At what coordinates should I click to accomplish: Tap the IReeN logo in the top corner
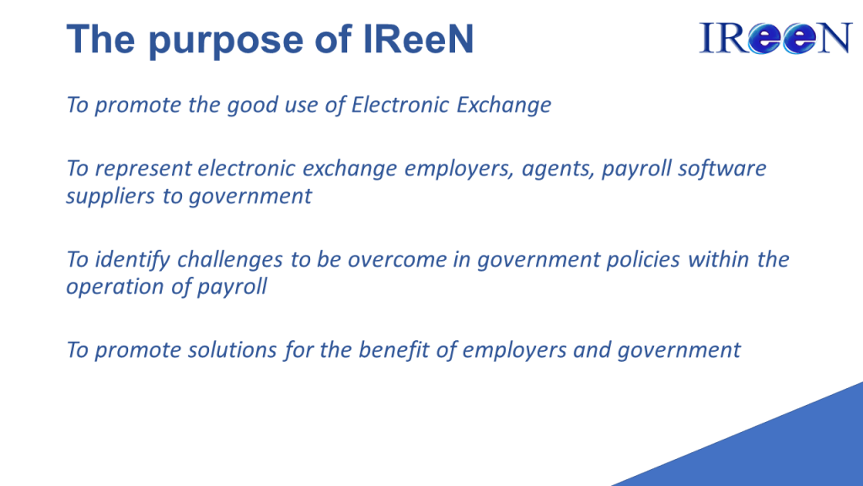pos(775,38)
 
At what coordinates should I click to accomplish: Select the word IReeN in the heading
pos(418,39)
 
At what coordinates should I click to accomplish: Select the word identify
pos(132,260)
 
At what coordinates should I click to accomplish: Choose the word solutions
pos(232,350)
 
